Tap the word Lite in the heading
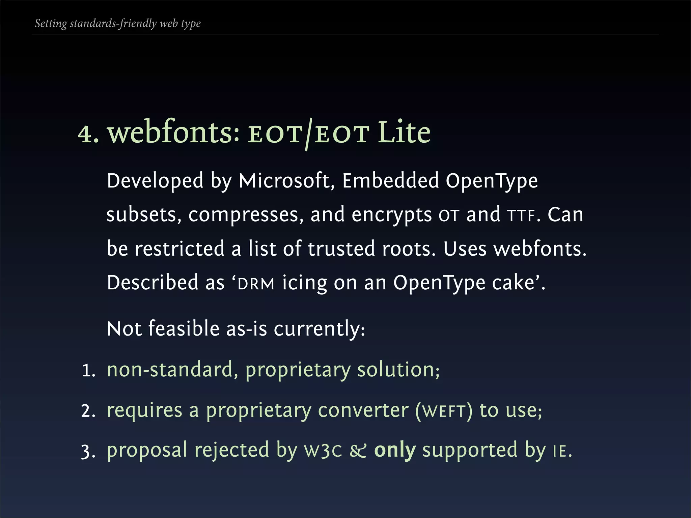pos(404,133)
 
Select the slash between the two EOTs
pos(308,134)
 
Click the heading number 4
pos(86,134)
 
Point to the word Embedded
pos(390,181)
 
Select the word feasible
pos(184,329)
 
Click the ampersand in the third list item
pos(358,451)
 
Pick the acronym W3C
pos(323,451)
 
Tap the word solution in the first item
pos(397,370)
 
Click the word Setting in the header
pos(51,24)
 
